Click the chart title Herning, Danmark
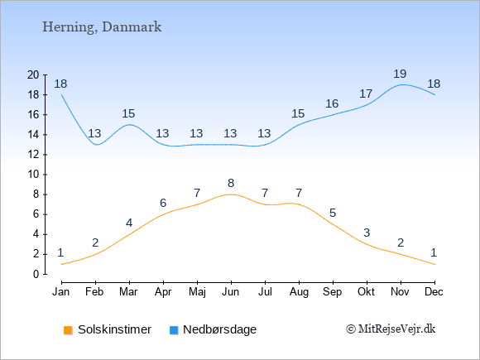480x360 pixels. point(102,27)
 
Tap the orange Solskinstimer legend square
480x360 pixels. point(68,330)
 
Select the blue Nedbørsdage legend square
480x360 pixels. point(174,330)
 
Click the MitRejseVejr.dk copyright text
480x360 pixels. point(391,329)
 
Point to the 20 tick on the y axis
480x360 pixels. point(33,74)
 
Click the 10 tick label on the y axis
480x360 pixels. point(33,175)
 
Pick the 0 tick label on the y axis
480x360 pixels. point(36,274)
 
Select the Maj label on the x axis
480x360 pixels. point(197,292)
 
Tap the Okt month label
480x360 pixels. point(366,292)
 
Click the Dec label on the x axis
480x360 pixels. point(434,292)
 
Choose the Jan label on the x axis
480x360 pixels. point(61,292)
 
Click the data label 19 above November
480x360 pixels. point(400,74)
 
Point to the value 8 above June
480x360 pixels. point(231,183)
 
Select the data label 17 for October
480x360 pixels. point(366,94)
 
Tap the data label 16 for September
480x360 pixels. point(332,103)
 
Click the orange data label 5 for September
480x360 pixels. point(333,213)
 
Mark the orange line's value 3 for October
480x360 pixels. point(367,233)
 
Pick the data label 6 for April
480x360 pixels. point(163,203)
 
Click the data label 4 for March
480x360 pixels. point(129,223)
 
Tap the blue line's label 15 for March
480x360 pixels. point(128,114)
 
